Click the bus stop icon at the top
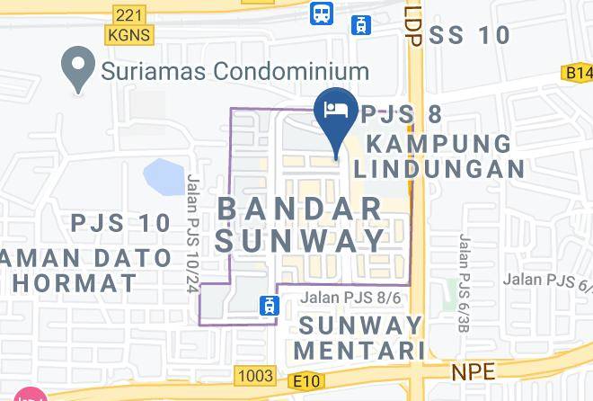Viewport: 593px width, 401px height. click(320, 13)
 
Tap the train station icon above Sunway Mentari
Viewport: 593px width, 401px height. click(267, 306)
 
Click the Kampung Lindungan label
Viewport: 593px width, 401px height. click(439, 156)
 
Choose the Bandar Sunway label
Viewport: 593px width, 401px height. click(302, 224)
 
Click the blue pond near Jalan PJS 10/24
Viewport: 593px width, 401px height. click(163, 177)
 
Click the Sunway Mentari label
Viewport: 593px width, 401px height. click(361, 335)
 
